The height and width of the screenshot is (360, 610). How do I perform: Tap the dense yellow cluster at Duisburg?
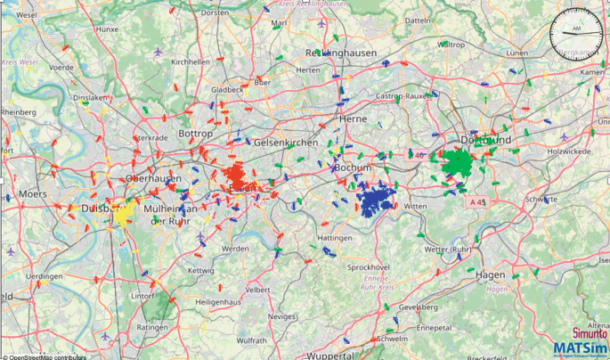(122, 212)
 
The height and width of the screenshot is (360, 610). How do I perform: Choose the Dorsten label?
(215, 13)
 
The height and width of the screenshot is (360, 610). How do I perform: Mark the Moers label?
(33, 192)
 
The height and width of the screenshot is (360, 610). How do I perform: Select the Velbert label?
(258, 290)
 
